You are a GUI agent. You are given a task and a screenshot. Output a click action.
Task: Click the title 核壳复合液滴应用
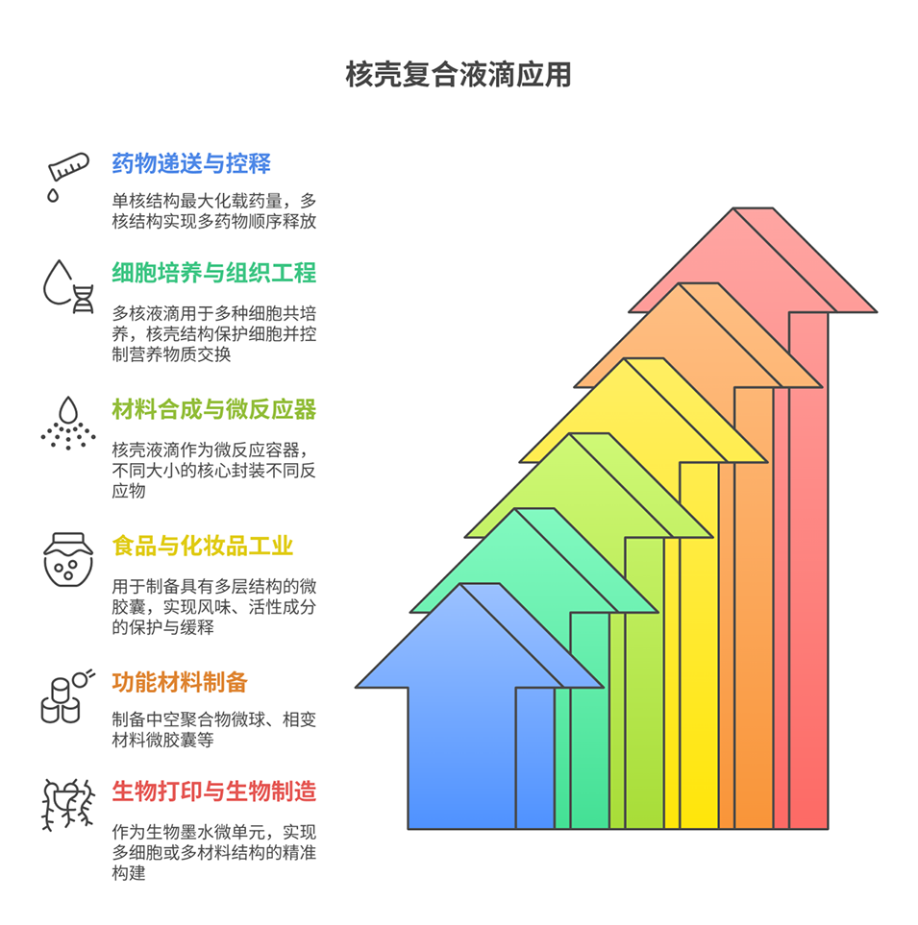pyautogui.click(x=459, y=75)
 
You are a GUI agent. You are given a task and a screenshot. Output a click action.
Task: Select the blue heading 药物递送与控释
pyautogui.click(x=191, y=163)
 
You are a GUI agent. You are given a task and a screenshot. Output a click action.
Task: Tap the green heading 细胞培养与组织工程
pyautogui.click(x=214, y=273)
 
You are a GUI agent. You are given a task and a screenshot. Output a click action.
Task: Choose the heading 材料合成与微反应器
pyautogui.click(x=214, y=409)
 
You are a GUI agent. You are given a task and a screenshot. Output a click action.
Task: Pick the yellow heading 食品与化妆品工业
pyautogui.click(x=203, y=546)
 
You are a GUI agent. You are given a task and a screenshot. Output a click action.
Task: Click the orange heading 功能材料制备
pyautogui.click(x=180, y=682)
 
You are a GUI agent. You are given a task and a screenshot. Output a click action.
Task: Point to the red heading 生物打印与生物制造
pyautogui.click(x=214, y=791)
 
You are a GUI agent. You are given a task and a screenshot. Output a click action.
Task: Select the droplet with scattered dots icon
pyautogui.click(x=68, y=423)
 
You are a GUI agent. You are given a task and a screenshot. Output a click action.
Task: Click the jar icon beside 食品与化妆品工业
pyautogui.click(x=68, y=559)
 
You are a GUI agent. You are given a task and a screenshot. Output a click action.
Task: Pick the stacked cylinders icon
pyautogui.click(x=67, y=696)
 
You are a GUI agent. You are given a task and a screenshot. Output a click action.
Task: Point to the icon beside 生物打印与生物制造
pyautogui.click(x=68, y=805)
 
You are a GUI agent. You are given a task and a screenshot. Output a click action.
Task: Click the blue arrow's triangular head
pyautogui.click(x=479, y=635)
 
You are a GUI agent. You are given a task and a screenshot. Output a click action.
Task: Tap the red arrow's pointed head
pyautogui.click(x=753, y=259)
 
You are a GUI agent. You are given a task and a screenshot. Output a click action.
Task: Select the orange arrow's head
pyautogui.click(x=698, y=335)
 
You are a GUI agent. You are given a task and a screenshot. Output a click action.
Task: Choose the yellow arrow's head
pyautogui.click(x=643, y=410)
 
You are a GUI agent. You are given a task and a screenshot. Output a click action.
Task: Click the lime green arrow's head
pyautogui.click(x=588, y=485)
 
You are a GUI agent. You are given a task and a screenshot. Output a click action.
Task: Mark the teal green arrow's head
pyautogui.click(x=533, y=560)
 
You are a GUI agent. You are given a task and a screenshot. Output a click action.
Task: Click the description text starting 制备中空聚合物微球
pyautogui.click(x=213, y=729)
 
